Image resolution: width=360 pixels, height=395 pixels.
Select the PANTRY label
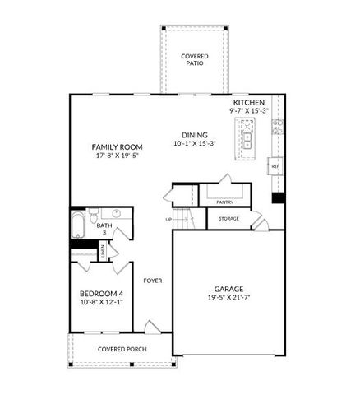tap(224, 202)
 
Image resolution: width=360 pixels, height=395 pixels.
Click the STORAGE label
tap(229, 219)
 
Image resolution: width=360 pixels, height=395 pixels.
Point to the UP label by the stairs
tap(168, 220)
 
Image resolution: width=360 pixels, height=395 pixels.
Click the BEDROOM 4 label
tap(101, 294)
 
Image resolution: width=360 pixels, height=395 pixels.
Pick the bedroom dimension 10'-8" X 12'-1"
tap(101, 303)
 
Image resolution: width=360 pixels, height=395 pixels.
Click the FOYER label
tap(153, 281)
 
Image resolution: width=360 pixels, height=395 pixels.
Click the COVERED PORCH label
tap(122, 349)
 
